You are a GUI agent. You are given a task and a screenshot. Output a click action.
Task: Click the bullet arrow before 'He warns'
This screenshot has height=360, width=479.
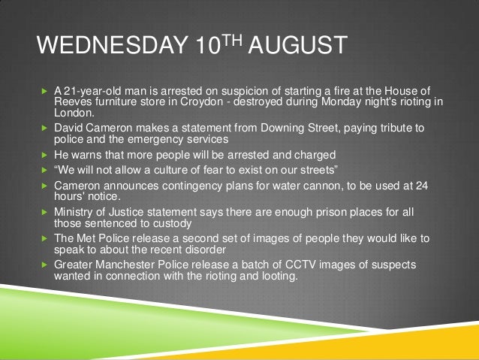point(44,153)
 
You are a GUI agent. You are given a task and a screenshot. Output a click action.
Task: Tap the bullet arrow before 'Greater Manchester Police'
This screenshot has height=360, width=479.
point(44,265)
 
